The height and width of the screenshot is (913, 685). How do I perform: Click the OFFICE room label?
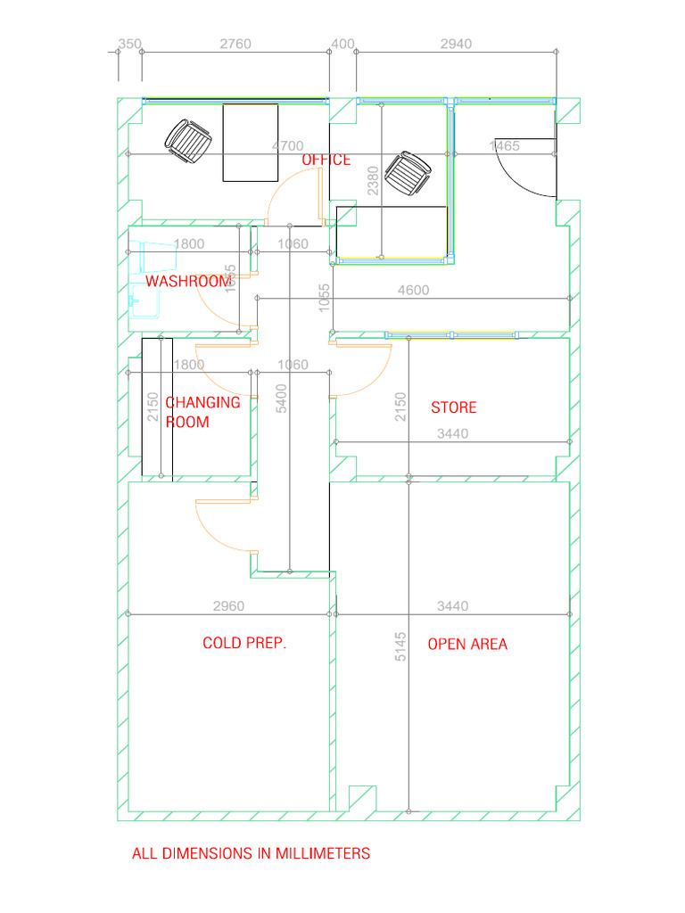pos(326,160)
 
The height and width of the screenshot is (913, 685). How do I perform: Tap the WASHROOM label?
pos(188,281)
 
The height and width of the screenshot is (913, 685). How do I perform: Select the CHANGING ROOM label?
pos(202,412)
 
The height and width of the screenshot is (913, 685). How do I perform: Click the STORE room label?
pos(454,407)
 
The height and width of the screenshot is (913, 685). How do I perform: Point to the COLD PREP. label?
pos(244,643)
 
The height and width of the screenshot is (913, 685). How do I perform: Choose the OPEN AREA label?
pos(467,644)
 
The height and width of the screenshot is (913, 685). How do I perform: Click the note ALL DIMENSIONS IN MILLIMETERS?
pos(251,853)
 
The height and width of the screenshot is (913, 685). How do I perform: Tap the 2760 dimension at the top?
pos(235,44)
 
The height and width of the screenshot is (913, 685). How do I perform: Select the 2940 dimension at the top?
pos(456,44)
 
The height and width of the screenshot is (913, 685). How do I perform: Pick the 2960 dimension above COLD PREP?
pos(228,606)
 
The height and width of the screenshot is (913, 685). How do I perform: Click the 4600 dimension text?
pos(412,290)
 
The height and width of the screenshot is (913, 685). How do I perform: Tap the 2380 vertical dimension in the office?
pos(373,179)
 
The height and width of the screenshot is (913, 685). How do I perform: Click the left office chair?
pos(188,141)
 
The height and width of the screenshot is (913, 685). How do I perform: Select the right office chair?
pos(412,174)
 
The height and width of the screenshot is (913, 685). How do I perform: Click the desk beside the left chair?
pos(250,143)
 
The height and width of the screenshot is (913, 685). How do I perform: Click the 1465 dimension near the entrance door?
pos(505,146)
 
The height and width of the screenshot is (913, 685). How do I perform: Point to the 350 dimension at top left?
pos(129,44)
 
